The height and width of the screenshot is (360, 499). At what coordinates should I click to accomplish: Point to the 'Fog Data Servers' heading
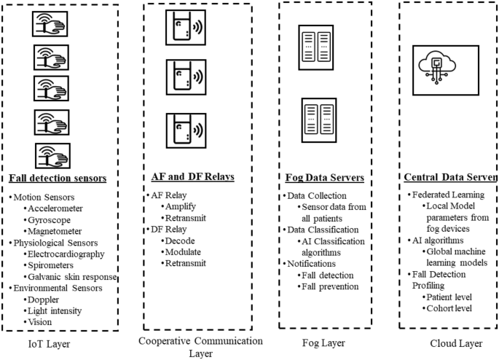click(x=324, y=179)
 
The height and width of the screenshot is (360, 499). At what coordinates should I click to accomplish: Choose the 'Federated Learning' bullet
click(x=444, y=195)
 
